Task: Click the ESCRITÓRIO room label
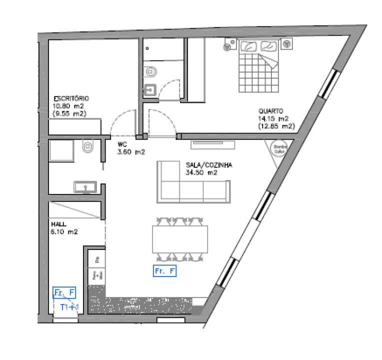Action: (x=71, y=99)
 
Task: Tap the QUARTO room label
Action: (x=271, y=111)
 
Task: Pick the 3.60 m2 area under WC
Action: (x=131, y=152)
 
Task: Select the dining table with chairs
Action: (x=180, y=239)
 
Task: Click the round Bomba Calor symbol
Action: (x=277, y=147)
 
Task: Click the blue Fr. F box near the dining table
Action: (x=165, y=271)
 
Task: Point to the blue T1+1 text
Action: (x=69, y=306)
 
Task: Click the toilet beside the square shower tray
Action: (x=88, y=146)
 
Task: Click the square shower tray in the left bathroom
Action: (x=62, y=150)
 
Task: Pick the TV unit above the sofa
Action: (x=212, y=145)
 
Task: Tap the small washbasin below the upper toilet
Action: (x=150, y=90)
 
